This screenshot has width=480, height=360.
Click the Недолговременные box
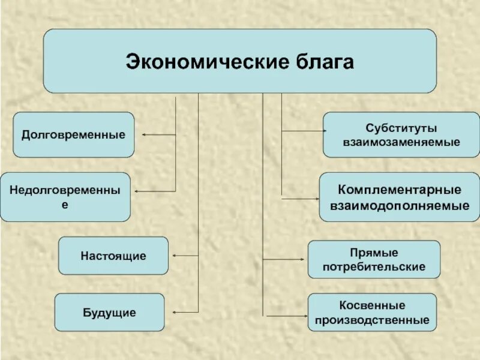65,197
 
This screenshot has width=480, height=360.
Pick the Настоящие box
113,256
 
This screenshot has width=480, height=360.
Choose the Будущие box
109,312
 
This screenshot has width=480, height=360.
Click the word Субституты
401,128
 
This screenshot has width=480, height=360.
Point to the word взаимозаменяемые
401,143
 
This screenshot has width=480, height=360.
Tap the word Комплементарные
400,190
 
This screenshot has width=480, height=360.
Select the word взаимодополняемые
400,205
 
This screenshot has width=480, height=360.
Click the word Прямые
374,253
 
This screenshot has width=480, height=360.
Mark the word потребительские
374,266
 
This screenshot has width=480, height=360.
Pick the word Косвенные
372,305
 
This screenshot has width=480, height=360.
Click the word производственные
372,320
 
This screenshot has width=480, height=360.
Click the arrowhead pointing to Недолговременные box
137,191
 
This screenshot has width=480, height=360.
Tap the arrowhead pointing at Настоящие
174,256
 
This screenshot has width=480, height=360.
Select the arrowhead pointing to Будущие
174,312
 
